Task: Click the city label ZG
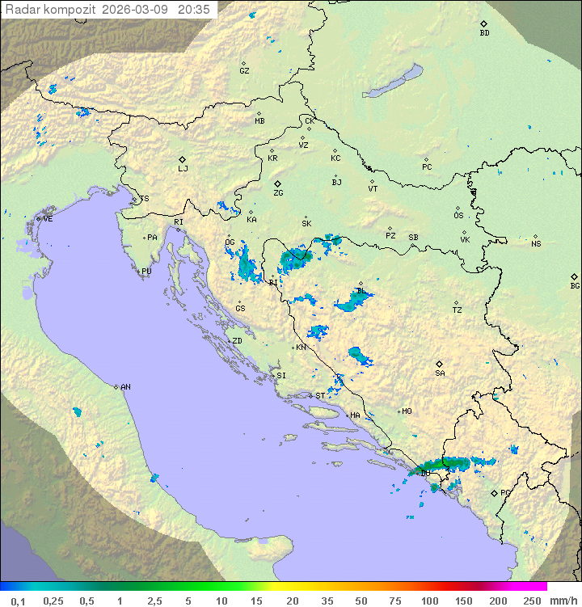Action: click(278, 193)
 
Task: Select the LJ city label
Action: click(183, 169)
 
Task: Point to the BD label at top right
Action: click(484, 33)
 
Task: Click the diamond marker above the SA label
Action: click(440, 364)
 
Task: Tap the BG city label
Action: click(575, 286)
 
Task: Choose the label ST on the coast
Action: click(320, 395)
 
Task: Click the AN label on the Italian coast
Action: click(125, 387)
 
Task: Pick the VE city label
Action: click(48, 219)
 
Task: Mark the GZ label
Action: click(244, 71)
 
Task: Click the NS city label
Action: click(536, 243)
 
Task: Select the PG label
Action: click(505, 492)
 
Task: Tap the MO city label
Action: click(407, 411)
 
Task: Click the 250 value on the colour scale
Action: click(531, 601)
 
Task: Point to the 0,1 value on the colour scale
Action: click(18, 601)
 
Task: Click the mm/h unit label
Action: click(563, 601)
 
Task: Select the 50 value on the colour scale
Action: click(361, 601)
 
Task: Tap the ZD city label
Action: click(237, 341)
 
